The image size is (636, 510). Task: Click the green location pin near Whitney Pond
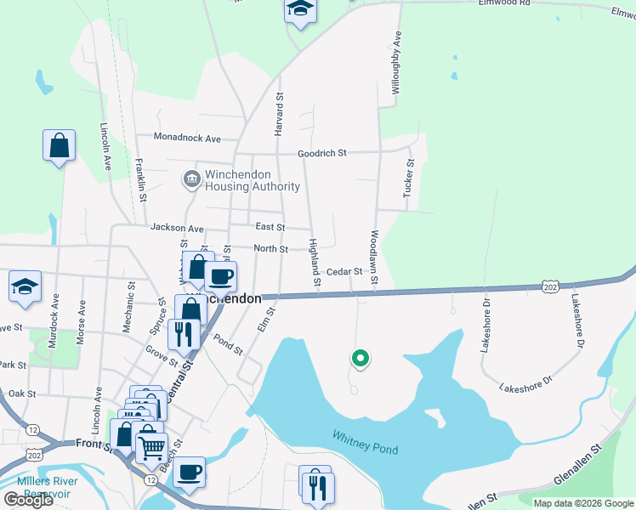pos(360,360)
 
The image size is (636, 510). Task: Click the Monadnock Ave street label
pos(187,138)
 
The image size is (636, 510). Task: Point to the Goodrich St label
pos(321,154)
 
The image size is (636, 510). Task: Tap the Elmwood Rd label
pos(504,3)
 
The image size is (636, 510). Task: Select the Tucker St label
pos(409,179)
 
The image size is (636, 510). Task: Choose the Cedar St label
pos(344,272)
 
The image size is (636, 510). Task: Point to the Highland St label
pos(314,261)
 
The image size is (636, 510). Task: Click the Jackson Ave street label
pos(177,228)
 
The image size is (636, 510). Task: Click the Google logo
pos(28,500)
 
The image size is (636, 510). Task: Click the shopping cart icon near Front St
pos(151,445)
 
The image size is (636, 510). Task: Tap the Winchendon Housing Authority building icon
pos(191,180)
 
